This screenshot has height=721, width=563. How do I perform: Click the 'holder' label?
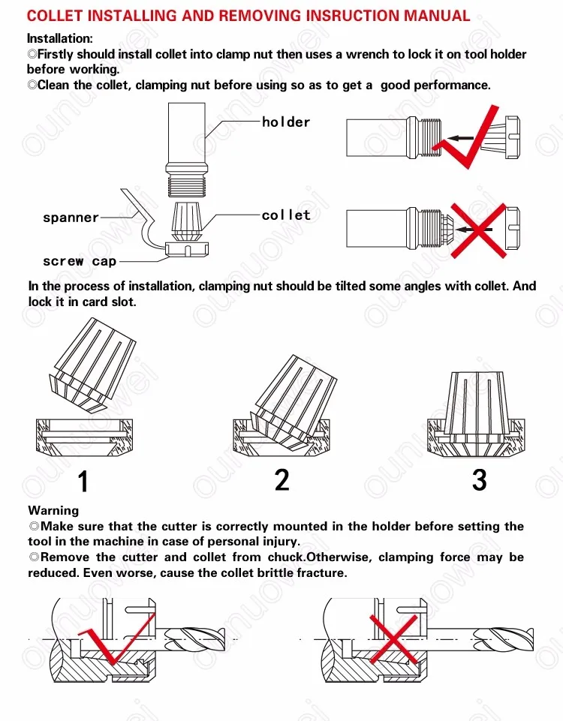(x=285, y=122)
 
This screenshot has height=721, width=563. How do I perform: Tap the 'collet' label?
(x=286, y=215)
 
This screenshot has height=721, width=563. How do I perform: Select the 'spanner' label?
(x=71, y=218)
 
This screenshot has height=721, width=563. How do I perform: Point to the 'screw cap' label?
(x=80, y=262)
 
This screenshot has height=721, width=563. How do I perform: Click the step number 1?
(x=83, y=482)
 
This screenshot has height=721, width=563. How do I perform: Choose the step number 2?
(x=281, y=480)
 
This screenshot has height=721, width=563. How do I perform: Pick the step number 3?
(x=479, y=480)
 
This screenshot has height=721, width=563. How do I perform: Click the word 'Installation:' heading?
(x=60, y=38)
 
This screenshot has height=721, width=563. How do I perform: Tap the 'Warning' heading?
(x=53, y=511)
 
